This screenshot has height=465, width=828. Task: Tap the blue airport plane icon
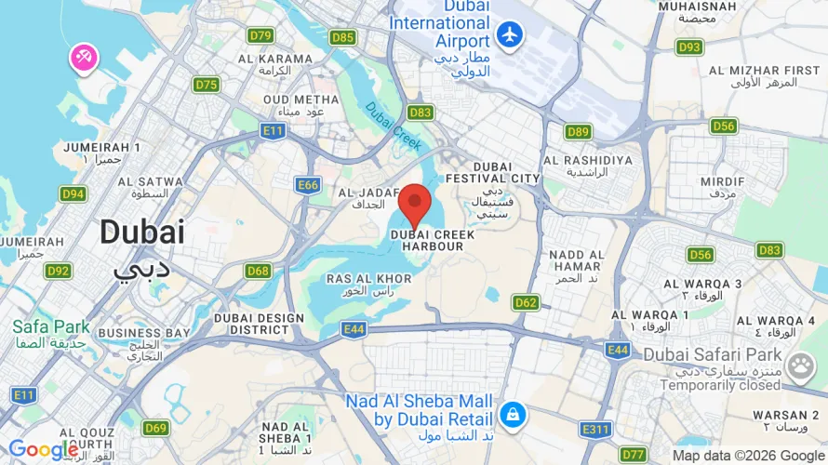point(510,35)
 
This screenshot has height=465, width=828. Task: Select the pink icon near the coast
point(83,58)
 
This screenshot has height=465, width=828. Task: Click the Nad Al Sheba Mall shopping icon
point(511,412)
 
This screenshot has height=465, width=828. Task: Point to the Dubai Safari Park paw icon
point(799,366)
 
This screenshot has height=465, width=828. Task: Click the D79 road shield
point(260,36)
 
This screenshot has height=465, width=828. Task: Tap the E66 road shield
point(309,185)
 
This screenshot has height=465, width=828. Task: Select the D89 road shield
point(578,131)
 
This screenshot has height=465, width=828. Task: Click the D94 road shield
point(73,193)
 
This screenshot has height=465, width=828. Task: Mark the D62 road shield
point(526,302)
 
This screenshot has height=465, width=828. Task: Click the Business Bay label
point(131,339)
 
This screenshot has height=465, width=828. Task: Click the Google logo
point(43,450)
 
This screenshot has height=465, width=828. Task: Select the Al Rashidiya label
point(588,166)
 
